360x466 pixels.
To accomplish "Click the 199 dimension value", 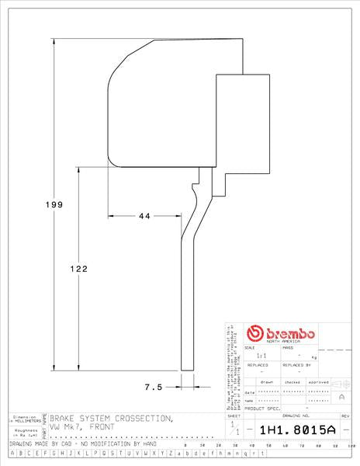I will click(53, 204).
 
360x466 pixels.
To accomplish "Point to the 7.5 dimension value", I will click(153, 386).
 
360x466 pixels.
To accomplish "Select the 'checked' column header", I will click(292, 383).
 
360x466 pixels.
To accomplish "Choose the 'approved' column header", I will click(318, 383).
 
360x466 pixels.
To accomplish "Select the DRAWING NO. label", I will click(296, 416).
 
